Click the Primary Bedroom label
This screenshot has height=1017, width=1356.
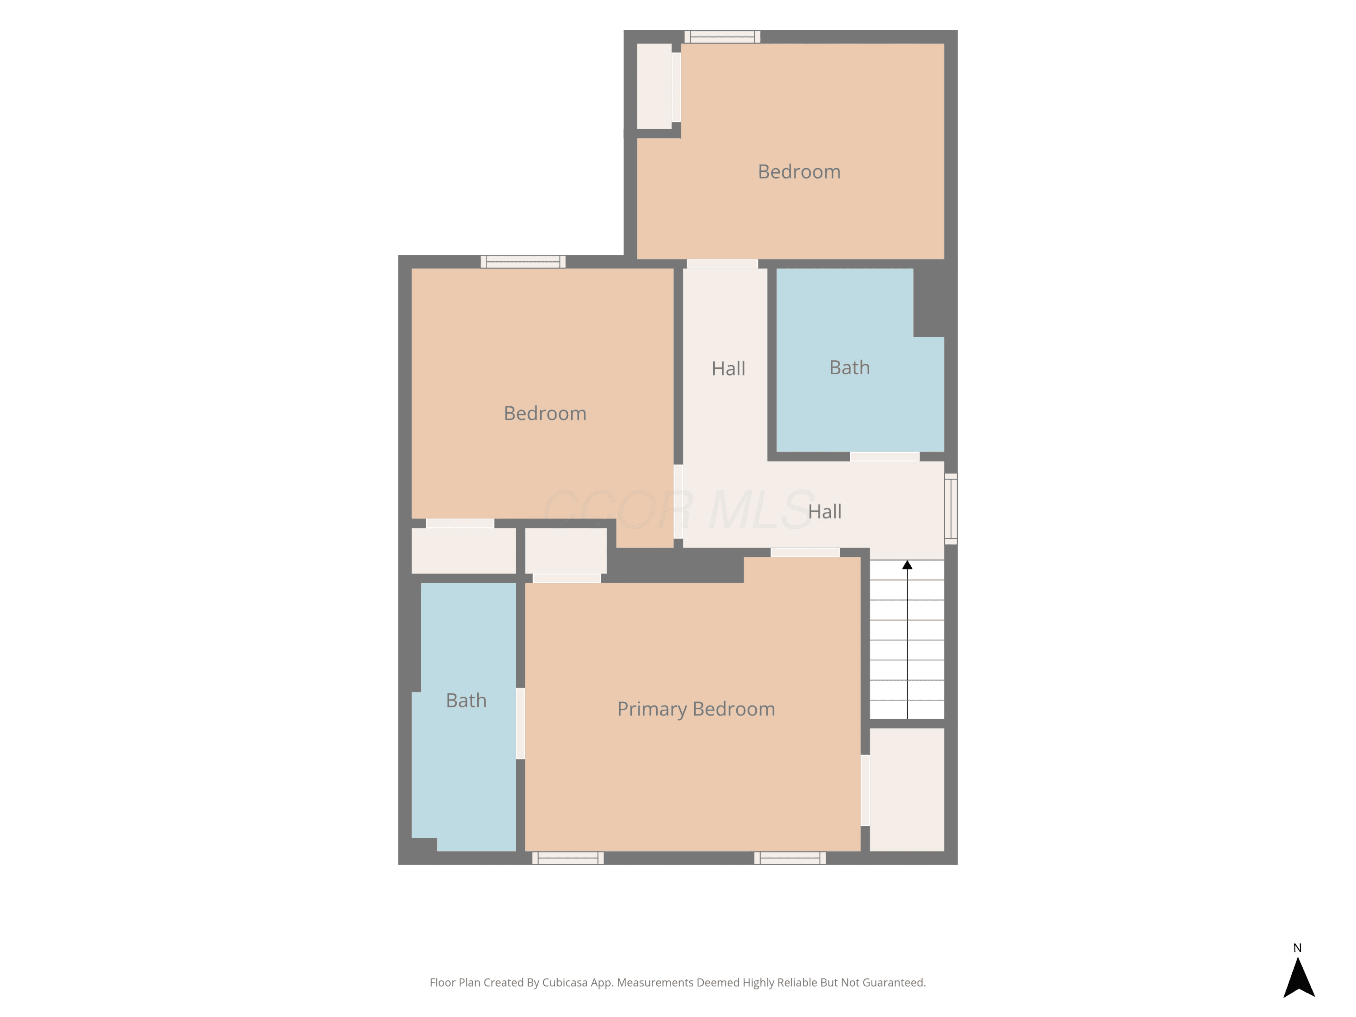[x=696, y=709]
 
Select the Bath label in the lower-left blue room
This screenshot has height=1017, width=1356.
[x=466, y=701]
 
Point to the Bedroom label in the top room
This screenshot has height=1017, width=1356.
[x=799, y=172]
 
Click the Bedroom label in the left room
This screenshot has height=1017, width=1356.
[x=545, y=413]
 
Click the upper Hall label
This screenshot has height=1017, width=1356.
[x=728, y=368]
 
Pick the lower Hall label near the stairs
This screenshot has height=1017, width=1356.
[x=824, y=512]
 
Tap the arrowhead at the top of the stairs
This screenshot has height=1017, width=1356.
[x=907, y=565]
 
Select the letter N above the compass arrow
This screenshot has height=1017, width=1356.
[x=1297, y=948]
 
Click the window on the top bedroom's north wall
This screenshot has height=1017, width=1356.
[x=722, y=37]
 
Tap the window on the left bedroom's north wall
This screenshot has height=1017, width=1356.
[x=523, y=262]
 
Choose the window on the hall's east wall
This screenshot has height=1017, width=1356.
[x=951, y=509]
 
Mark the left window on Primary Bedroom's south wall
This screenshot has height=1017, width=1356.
[x=568, y=858]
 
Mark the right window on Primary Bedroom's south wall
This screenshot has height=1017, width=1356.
[x=790, y=858]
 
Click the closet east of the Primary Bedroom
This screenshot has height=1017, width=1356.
[x=907, y=790]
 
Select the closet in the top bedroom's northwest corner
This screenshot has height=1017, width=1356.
[x=654, y=86]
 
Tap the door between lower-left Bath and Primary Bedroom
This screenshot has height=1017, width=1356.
[x=520, y=723]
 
